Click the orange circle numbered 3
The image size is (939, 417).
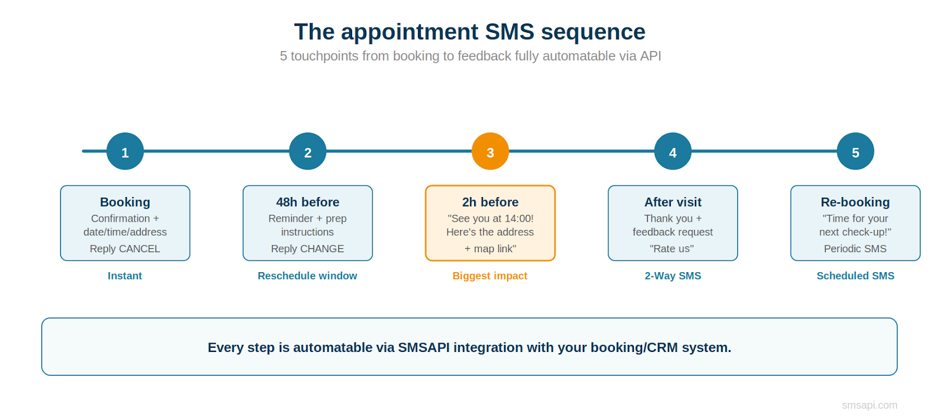click(x=490, y=151)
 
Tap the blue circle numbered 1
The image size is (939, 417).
click(x=125, y=151)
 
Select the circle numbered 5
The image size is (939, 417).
click(x=855, y=151)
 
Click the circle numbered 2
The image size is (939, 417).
click(x=308, y=151)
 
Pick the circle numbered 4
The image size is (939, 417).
click(x=673, y=151)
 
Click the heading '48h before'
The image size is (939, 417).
click(x=308, y=202)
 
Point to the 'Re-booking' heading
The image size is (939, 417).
click(x=855, y=202)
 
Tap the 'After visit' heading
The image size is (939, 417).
click(x=673, y=202)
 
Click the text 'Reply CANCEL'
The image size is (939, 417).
click(x=125, y=249)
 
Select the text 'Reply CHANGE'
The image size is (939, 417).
click(x=308, y=249)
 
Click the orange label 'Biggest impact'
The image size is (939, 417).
click(x=490, y=276)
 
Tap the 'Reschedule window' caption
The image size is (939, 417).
click(x=308, y=276)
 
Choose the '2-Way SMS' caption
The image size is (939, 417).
click(x=673, y=276)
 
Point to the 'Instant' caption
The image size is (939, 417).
click(x=125, y=276)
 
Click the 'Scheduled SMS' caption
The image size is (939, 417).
click(x=855, y=276)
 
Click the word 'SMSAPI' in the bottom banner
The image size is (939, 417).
click(x=424, y=348)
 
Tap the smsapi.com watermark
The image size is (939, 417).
click(x=869, y=405)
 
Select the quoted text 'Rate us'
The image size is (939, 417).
click(x=672, y=249)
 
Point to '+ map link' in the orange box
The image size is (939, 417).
click(x=490, y=249)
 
